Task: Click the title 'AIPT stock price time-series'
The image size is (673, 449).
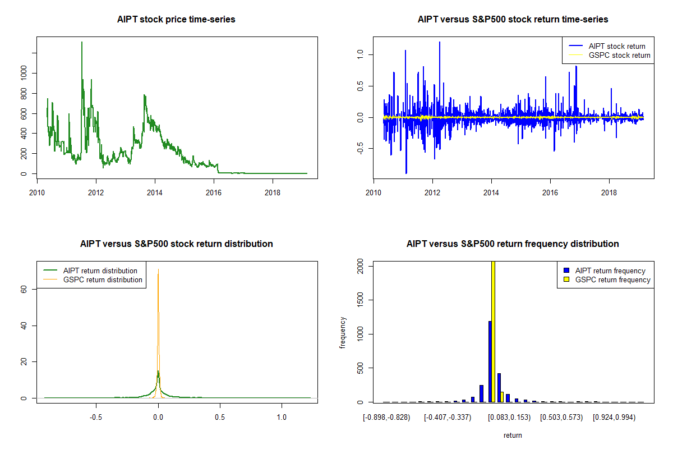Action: point(176,20)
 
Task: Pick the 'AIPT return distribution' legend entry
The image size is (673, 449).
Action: point(100,271)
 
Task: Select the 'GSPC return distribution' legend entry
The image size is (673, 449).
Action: point(103,280)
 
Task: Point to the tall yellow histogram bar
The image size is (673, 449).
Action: point(493,331)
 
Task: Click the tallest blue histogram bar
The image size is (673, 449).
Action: point(490,361)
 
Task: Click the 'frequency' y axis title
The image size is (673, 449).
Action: point(343,332)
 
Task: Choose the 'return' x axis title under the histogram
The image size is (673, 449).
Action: point(513,435)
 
